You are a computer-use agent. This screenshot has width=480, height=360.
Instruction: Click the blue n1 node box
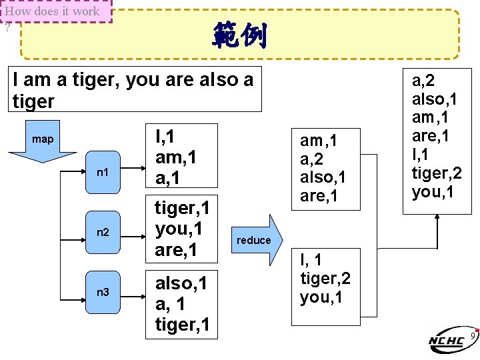(x=103, y=173)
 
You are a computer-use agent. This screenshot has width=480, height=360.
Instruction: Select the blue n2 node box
(x=103, y=233)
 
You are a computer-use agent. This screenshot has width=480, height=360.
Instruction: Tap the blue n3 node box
(x=103, y=292)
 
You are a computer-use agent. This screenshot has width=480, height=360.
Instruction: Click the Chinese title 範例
(x=239, y=35)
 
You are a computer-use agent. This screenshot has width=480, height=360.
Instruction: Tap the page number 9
(x=472, y=335)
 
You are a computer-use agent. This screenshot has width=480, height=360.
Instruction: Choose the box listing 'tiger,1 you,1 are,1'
(x=182, y=229)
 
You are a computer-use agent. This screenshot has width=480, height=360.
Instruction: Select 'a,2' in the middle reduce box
(x=313, y=159)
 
